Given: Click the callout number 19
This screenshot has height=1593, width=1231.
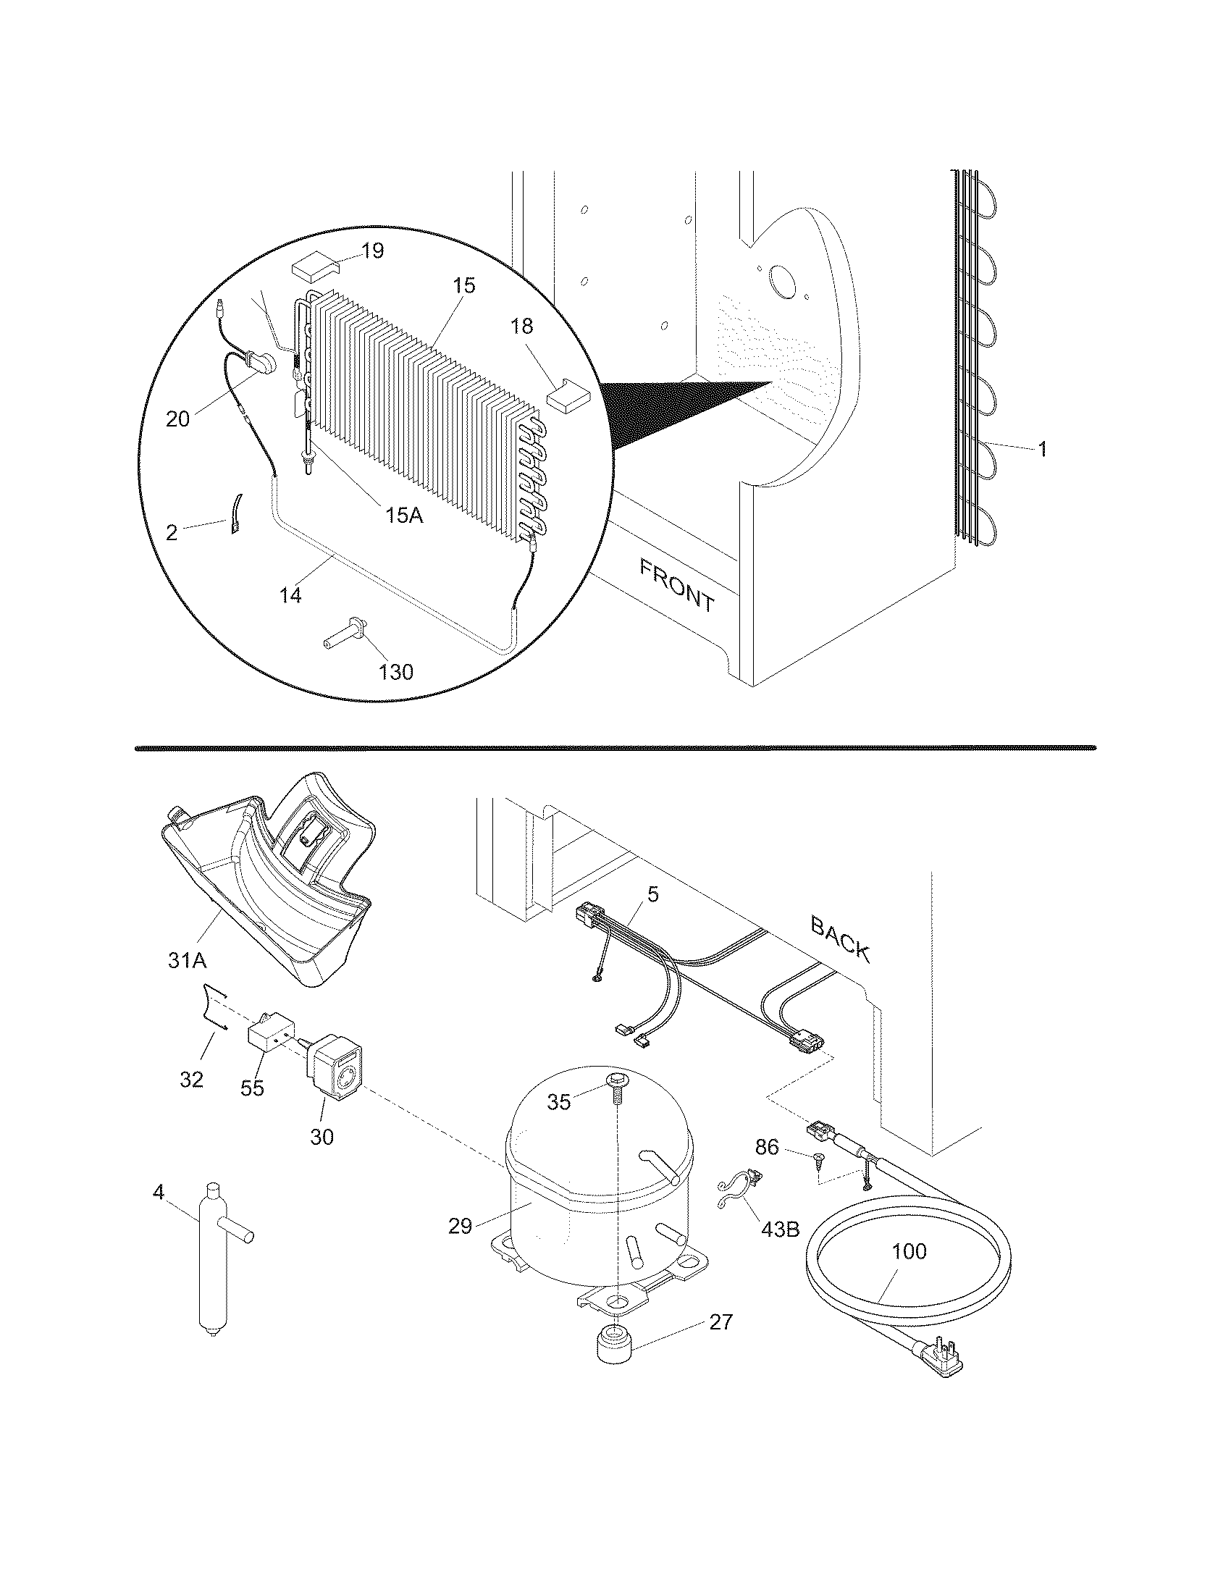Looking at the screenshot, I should [x=372, y=251].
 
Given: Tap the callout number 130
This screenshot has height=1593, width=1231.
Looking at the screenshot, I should [x=396, y=671].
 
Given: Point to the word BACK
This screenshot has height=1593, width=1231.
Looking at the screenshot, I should [x=840, y=939].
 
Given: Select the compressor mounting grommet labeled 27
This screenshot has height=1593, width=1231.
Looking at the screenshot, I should [x=613, y=1342].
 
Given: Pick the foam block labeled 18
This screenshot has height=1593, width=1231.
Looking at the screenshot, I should [x=569, y=395].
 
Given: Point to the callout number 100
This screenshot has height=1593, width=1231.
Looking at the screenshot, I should [x=909, y=1252].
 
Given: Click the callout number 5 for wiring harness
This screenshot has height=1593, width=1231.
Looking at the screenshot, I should [x=652, y=895].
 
